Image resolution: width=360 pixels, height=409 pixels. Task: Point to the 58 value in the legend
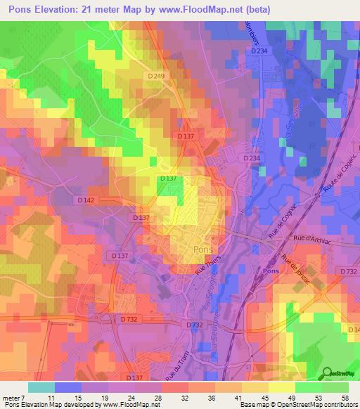pos(344,398)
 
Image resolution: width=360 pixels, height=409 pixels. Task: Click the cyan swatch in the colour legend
pos(41,387)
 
